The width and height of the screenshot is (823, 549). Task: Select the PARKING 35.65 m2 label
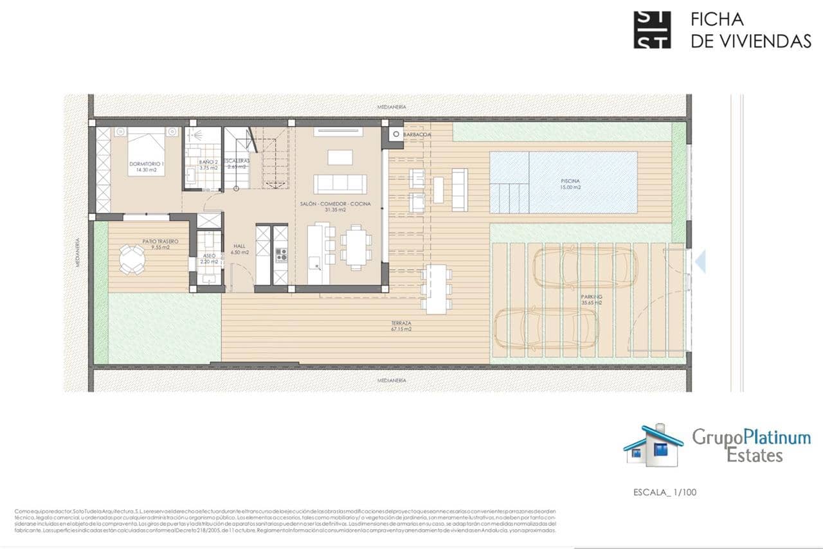tap(591, 299)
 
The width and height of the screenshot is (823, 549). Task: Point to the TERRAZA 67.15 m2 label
tap(400, 326)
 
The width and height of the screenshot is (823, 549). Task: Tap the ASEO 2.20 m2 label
tap(210, 258)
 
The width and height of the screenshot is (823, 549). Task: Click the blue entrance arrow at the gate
tap(700, 261)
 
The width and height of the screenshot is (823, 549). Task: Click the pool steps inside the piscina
tap(509, 198)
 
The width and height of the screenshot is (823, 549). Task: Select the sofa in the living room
tap(340, 184)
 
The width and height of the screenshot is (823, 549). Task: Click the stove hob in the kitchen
tap(281, 255)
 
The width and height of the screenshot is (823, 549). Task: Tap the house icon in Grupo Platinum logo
tap(653, 446)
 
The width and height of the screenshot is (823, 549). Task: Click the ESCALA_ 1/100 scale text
tap(664, 492)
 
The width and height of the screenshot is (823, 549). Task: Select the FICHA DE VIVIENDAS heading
tap(750, 30)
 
